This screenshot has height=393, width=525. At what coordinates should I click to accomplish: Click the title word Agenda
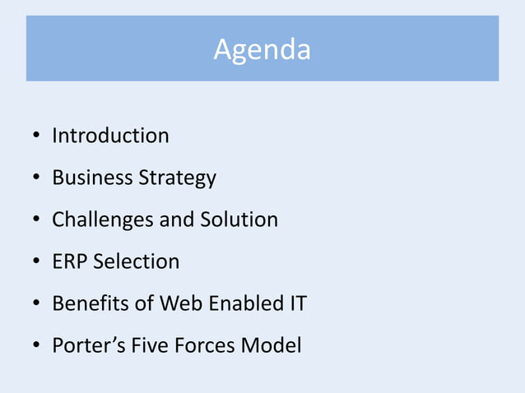point(262,50)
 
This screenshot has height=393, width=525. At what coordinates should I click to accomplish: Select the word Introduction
point(110,136)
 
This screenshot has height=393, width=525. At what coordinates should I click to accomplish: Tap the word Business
point(91,178)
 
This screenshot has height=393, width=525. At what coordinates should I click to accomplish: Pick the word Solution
point(239,220)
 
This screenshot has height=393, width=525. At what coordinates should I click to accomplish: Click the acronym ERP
point(70,261)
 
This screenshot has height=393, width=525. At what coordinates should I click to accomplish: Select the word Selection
point(137,261)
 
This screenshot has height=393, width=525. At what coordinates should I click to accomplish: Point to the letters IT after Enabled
point(297,303)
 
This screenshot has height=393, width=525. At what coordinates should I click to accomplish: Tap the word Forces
point(203,345)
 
